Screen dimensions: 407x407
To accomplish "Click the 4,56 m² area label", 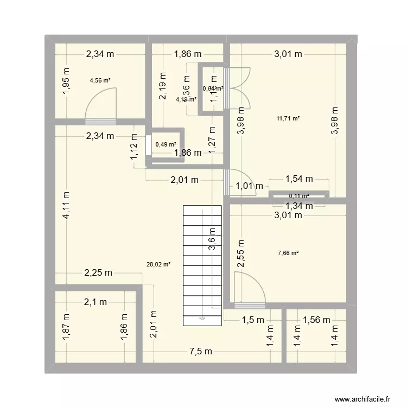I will (100, 81).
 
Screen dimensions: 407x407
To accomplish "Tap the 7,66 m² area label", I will (288, 252).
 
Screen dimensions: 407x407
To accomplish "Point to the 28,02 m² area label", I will (158, 264).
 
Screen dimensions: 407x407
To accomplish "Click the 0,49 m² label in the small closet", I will (166, 144).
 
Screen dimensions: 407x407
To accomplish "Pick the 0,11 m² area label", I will (299, 196).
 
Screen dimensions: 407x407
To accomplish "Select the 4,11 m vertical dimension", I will (66, 205).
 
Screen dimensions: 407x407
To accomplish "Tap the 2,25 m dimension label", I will (98, 273).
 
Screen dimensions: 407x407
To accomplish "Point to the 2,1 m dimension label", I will (95, 302).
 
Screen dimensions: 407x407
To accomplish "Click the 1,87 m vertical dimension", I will (66, 328).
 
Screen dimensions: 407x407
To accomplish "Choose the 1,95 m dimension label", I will (66, 81).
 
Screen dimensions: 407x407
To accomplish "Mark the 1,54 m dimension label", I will (299, 179).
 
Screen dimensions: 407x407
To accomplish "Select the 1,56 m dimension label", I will (317, 320).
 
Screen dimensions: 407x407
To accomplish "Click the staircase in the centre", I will (202, 264).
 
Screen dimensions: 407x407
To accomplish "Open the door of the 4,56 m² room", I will (99, 106).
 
